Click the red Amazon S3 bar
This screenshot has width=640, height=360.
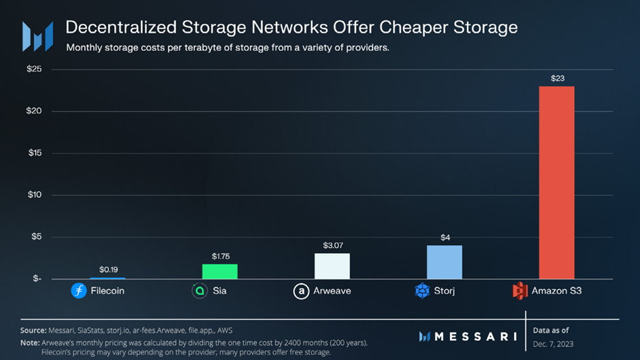pos(556,182)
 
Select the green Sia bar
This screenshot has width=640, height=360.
pos(220,272)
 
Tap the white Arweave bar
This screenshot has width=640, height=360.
pos(332,266)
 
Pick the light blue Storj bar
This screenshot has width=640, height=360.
pos(445,262)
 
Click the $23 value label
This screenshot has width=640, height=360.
pos(558,78)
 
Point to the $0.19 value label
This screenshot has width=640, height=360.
pos(108,269)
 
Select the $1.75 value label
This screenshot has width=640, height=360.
pos(221,257)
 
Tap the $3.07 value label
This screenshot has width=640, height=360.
pos(333,245)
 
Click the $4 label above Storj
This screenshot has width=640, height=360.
pos(445,238)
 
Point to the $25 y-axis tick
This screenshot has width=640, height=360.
pos(34,69)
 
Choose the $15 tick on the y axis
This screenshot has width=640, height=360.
pos(35,152)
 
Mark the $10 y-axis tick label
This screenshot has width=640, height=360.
pos(35,195)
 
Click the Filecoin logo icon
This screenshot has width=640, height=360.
pos(79,291)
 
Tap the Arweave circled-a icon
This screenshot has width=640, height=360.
pos(301,291)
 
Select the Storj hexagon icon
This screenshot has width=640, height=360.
pos(422,291)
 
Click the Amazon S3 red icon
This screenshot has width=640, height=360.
pos(519,291)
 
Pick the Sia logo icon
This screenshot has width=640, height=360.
pos(199,291)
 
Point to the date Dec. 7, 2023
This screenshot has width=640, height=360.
pos(553,344)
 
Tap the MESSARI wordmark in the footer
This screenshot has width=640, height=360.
pos(468,337)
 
